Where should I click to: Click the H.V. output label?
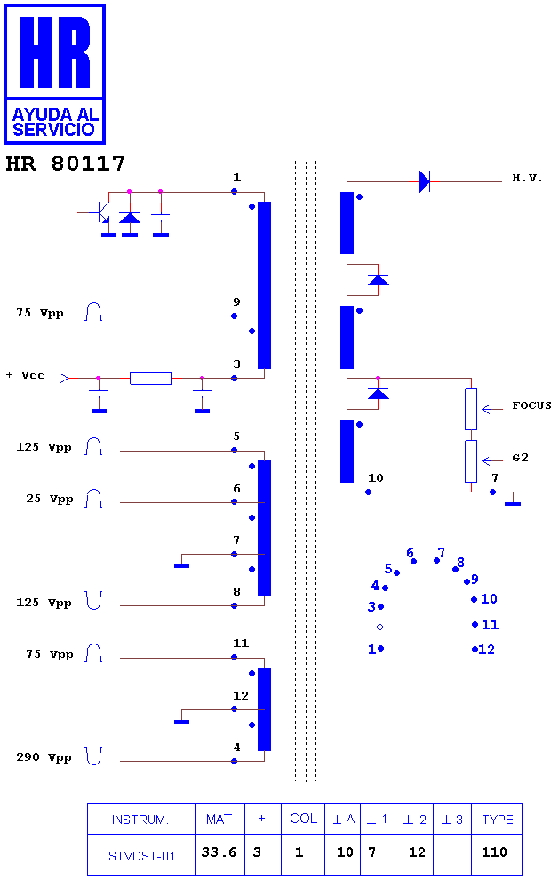click(527, 179)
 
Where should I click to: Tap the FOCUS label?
click(531, 405)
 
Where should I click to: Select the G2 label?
click(520, 458)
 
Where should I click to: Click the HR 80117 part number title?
click(65, 164)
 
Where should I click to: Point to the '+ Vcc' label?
click(25, 375)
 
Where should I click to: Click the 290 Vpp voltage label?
click(44, 757)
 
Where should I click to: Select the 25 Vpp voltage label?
click(50, 499)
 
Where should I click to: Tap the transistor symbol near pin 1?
click(100, 214)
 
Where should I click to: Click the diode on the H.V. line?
click(425, 182)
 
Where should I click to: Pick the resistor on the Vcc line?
click(150, 379)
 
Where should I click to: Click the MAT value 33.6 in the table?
click(219, 852)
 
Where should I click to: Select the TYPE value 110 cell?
click(494, 852)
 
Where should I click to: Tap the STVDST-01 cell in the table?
click(141, 856)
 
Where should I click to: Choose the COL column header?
click(304, 819)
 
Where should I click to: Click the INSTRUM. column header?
click(140, 820)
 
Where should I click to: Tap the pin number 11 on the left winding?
click(241, 644)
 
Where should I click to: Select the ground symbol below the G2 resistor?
click(513, 503)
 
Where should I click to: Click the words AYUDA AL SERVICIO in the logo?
click(55, 122)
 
